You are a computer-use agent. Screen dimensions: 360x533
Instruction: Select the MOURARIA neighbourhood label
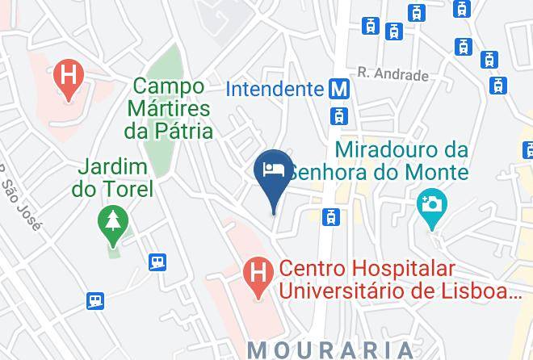pos(330,350)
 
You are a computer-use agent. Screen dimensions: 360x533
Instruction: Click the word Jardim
pos(112,168)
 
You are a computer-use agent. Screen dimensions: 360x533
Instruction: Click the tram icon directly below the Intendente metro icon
pos(338,115)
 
